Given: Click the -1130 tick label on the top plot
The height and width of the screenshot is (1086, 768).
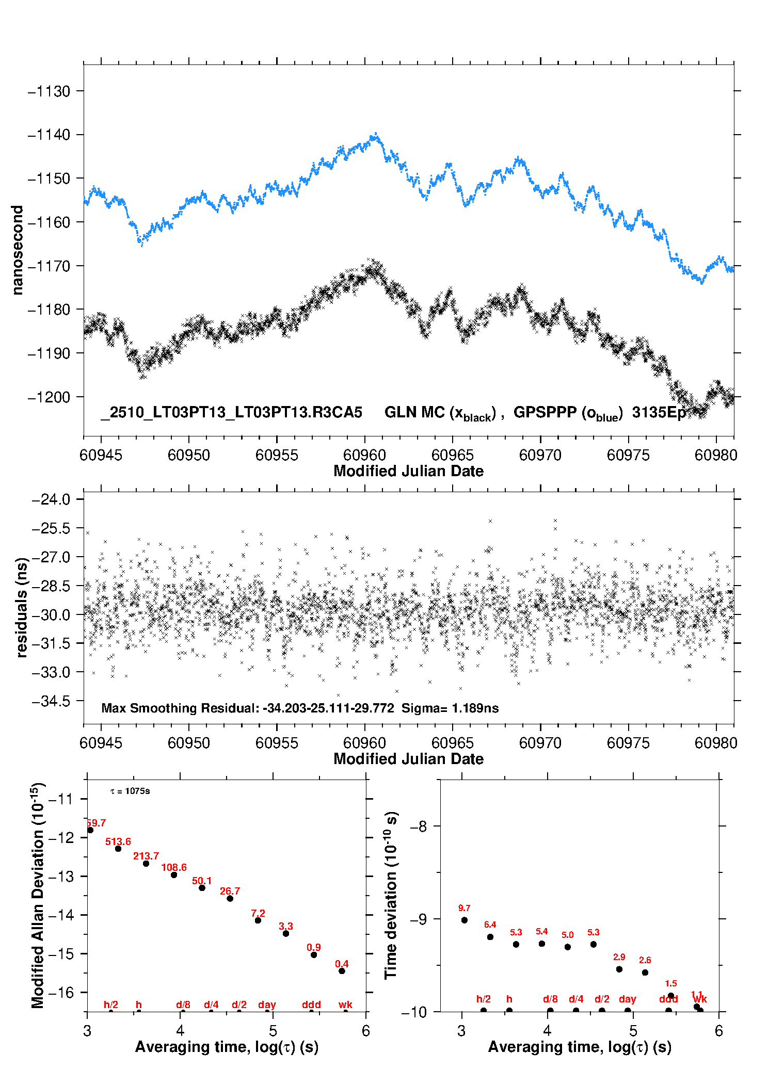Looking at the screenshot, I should point(49,91).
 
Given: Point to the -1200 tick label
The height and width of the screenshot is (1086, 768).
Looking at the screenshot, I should point(49,397).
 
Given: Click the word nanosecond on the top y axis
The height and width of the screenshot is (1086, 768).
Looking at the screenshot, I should point(18,250).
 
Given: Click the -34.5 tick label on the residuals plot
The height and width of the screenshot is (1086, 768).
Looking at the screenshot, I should point(51,701).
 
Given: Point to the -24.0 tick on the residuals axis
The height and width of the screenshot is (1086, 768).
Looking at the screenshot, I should point(51,499).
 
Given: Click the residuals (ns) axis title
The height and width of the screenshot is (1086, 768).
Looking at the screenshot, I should point(22,607).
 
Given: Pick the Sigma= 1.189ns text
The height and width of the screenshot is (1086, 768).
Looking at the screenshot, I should point(450,708).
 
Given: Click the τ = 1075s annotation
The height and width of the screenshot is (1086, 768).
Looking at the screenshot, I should point(130,791).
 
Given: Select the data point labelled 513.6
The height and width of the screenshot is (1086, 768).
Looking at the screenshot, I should point(118,849).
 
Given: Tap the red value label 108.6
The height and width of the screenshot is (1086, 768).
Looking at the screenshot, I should point(174,867).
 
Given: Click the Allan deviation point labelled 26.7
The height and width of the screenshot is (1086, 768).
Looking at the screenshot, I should point(230,899).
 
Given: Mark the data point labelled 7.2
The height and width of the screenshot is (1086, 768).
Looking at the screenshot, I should point(258,920).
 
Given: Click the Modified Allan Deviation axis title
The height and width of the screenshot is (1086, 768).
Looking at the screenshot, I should point(37,895).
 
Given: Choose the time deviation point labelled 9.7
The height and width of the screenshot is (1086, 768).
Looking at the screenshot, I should point(465,920).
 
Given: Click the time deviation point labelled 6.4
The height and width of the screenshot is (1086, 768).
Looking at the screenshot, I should point(490,937).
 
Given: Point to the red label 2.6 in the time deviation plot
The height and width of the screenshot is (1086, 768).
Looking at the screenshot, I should point(645,960).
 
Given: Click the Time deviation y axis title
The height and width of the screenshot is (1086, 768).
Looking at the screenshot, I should point(391,895).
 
